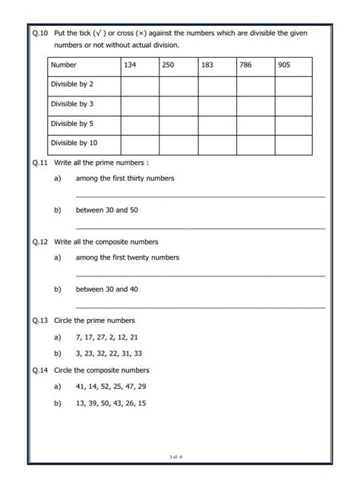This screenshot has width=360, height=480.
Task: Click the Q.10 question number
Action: tap(41, 33)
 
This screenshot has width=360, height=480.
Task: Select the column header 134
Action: tap(131, 65)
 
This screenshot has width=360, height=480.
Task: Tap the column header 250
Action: tap(168, 65)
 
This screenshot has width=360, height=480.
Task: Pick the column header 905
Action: tap(284, 65)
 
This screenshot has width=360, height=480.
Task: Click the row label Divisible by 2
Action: tap(72, 85)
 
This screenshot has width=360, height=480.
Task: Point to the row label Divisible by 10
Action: tap(74, 142)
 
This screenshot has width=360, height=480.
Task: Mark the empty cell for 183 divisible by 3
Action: tap(216, 105)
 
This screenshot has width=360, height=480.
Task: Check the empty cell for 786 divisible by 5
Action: tap(255, 124)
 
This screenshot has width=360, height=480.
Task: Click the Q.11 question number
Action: tap(41, 163)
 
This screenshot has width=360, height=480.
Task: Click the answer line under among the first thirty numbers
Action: tap(201, 196)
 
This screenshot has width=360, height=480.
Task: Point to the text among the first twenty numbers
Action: tap(127, 257)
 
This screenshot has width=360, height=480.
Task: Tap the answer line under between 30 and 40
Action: tap(201, 307)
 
